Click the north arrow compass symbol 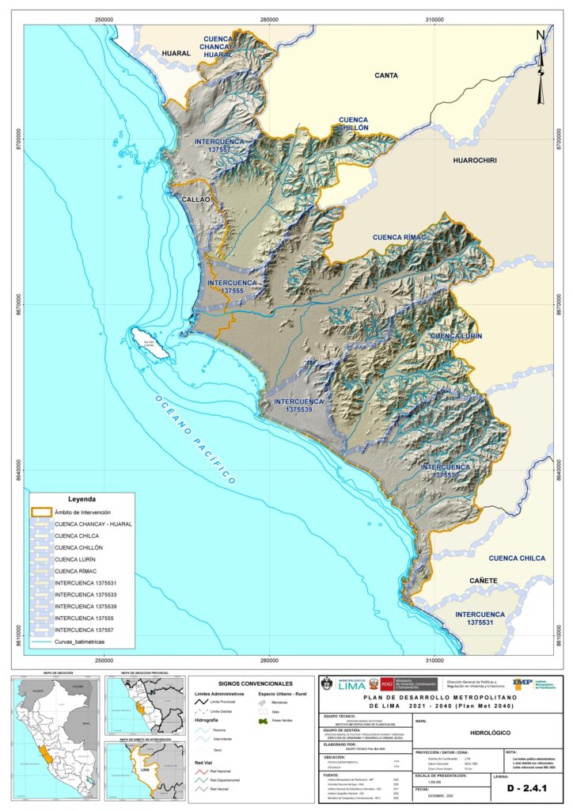point(541,68)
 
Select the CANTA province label point(385,75)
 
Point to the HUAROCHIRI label point(474,161)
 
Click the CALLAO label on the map point(195,200)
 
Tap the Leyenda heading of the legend point(82,500)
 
